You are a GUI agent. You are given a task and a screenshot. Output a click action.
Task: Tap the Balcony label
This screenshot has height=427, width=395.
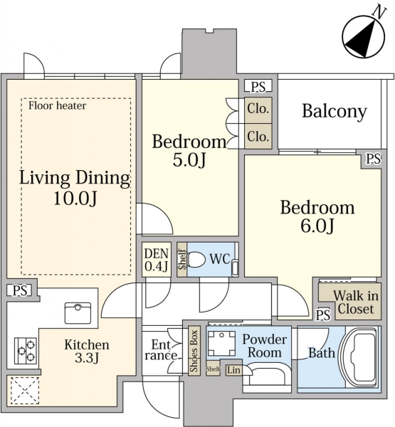335,112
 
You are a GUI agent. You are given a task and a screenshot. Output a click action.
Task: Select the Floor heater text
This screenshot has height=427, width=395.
57,105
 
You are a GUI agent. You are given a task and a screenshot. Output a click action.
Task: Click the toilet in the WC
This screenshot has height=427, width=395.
196,260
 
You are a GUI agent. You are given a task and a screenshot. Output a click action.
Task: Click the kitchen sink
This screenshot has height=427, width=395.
78,312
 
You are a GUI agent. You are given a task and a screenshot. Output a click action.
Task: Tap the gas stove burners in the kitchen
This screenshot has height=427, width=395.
26,351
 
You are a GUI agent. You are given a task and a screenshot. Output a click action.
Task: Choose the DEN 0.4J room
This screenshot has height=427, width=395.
157,260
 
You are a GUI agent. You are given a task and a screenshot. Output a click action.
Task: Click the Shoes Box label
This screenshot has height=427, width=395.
194,351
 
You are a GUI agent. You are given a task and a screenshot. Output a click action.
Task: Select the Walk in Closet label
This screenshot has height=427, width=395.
356,302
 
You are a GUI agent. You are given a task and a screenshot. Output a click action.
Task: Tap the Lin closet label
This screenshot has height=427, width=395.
233,370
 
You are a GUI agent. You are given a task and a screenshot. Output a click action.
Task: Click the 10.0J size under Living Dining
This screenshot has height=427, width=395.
75,198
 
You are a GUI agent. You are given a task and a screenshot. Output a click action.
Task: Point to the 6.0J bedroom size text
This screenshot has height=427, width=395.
317,226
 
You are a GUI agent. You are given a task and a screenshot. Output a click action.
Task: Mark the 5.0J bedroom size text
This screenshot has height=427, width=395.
189,160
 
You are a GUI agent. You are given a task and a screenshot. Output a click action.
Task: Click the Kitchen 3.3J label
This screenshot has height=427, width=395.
87,352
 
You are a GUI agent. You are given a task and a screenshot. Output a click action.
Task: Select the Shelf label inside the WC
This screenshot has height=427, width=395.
182,260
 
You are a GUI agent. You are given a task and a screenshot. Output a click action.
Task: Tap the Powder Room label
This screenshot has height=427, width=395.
265,346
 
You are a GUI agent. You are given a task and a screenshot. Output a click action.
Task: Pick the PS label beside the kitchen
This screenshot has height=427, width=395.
21,290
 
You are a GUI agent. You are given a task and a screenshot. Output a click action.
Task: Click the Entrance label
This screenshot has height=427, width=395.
161,350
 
